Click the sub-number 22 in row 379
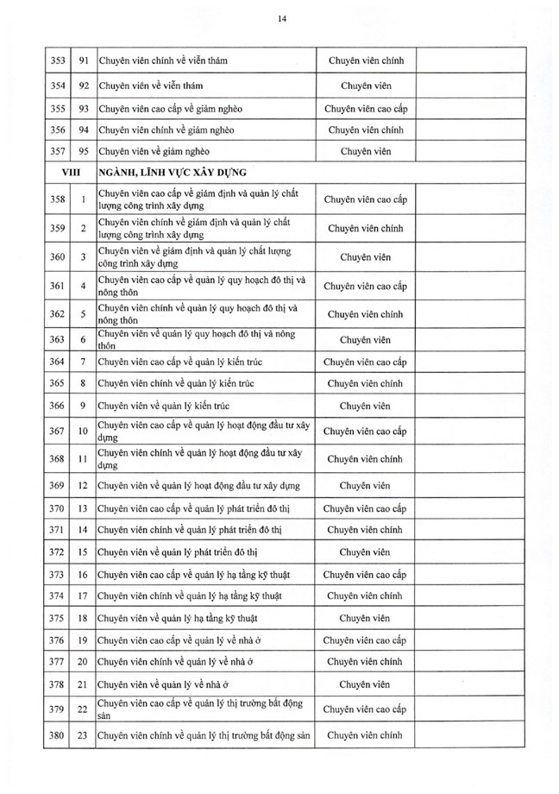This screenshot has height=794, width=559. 83,710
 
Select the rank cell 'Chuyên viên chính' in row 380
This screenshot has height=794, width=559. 365,735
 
